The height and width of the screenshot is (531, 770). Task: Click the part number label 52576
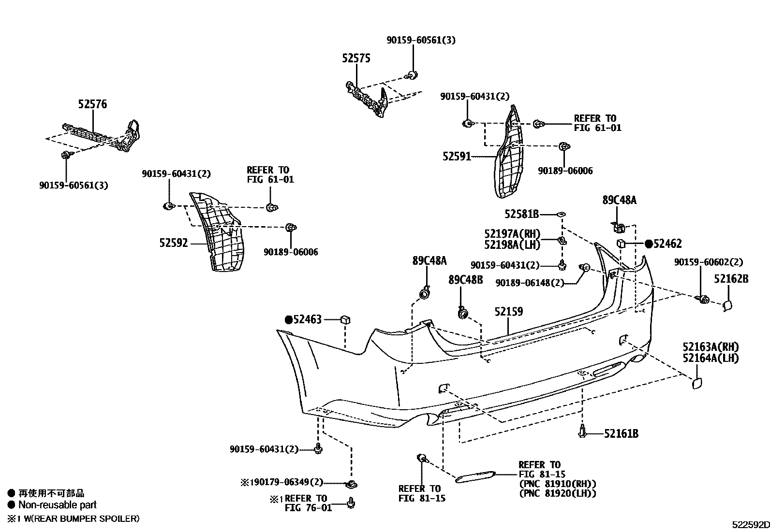92,104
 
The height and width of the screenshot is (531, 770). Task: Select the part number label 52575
356,58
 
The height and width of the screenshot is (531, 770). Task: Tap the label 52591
456,157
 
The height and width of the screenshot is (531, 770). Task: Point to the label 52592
173,244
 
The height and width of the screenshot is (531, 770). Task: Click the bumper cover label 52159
508,312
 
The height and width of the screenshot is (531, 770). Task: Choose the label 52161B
621,434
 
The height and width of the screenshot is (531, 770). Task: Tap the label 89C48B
465,280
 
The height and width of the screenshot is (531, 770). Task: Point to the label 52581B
521,214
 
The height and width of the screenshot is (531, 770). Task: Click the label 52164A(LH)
711,359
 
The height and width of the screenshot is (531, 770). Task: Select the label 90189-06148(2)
530,283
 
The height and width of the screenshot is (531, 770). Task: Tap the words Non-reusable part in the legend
57,505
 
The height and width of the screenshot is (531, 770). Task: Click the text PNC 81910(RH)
557,484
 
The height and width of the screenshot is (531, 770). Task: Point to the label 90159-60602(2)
708,262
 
